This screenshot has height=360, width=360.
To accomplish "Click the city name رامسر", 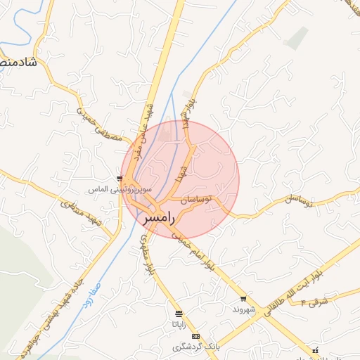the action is pyautogui.click(x=157, y=219).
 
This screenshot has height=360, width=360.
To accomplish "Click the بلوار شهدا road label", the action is pyautogui.click(x=186, y=112).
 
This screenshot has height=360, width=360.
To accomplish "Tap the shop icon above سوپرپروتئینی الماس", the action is pyautogui.click(x=120, y=179).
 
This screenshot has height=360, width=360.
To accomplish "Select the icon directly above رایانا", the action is pyautogui.click(x=179, y=314).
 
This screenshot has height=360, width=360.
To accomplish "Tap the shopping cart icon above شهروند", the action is pyautogui.click(x=243, y=299).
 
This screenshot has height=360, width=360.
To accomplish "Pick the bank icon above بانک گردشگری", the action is pyautogui.click(x=195, y=336).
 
